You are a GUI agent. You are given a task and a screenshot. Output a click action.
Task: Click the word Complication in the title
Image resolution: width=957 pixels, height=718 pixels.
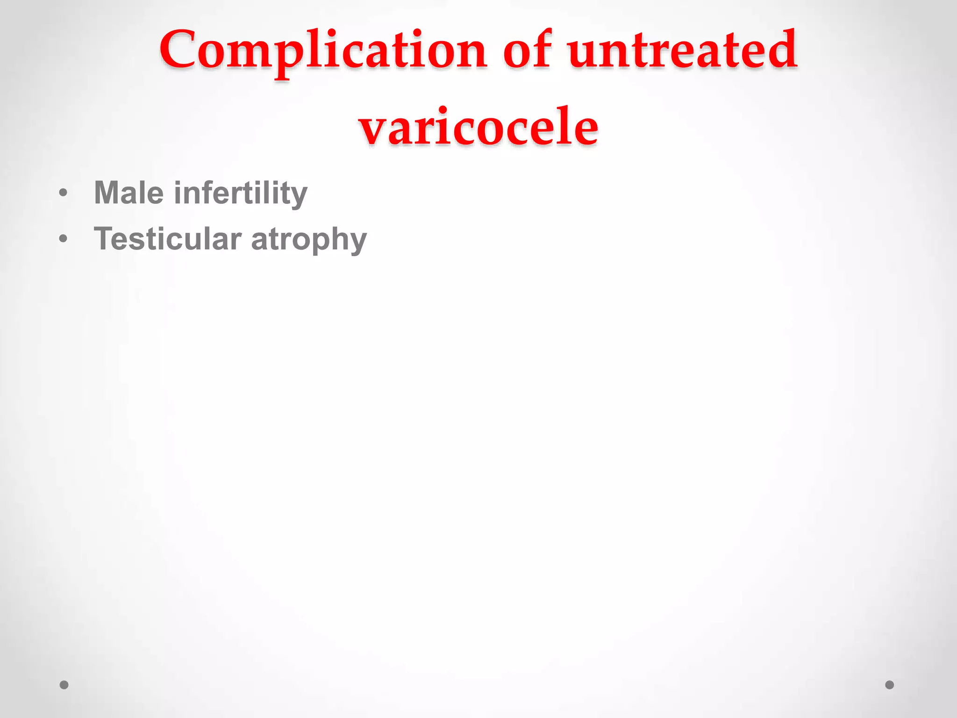click(322, 50)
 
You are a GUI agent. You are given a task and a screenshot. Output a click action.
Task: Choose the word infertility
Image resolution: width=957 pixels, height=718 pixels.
click(240, 194)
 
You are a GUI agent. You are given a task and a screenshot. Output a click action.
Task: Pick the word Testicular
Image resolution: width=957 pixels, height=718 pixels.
click(168, 239)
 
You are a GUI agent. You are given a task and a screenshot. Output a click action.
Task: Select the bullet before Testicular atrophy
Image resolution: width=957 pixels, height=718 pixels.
click(64, 239)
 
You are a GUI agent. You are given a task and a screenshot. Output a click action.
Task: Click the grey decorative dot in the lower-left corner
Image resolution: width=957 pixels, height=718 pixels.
click(64, 685)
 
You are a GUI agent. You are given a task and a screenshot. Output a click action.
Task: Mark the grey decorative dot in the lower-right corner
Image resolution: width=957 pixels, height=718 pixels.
click(890, 685)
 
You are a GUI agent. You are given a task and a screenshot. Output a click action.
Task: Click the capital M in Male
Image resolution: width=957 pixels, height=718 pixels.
click(108, 193)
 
